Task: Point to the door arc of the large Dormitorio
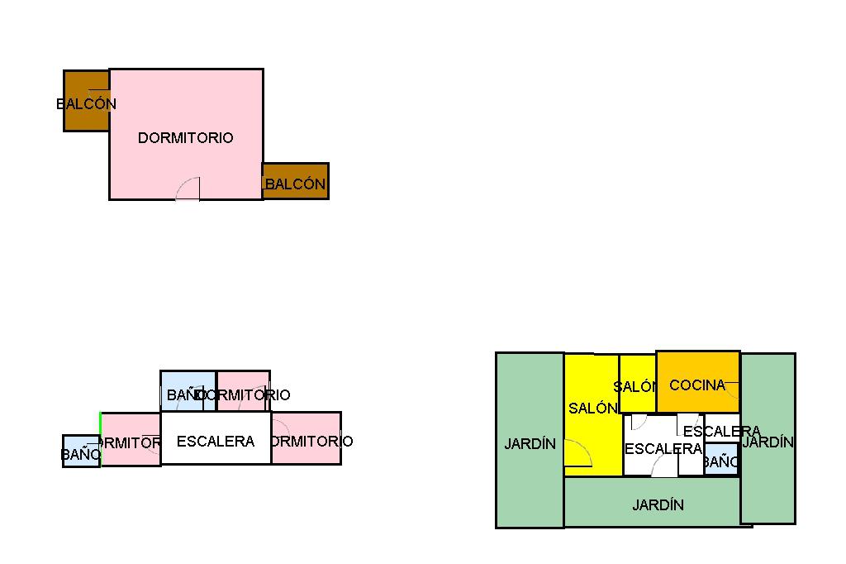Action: [x=189, y=189]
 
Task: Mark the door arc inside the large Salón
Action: [x=580, y=454]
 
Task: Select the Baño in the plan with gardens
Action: [x=720, y=460]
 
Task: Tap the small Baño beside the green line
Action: [x=80, y=451]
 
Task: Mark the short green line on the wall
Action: [x=100, y=423]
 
